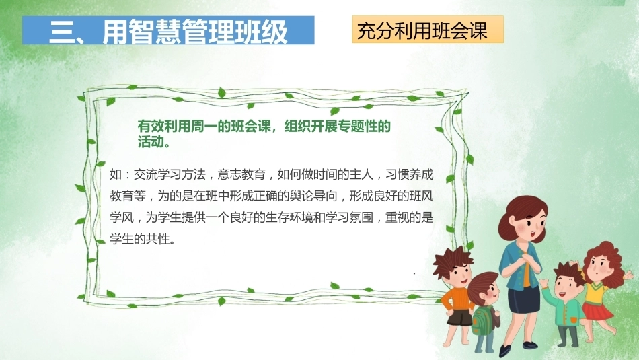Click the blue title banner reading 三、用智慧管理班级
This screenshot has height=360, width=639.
[x=168, y=30]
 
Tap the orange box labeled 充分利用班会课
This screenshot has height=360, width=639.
[x=428, y=30]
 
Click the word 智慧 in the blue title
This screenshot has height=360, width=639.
[x=155, y=32]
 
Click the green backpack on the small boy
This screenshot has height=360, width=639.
[x=482, y=320]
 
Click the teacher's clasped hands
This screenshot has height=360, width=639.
[x=526, y=258]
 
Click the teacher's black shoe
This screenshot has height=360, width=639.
[x=505, y=351]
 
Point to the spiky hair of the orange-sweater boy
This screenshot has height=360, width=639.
[x=453, y=261]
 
